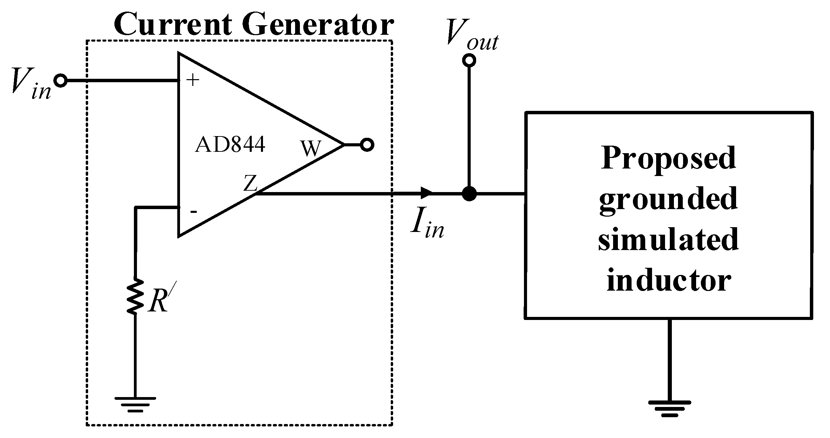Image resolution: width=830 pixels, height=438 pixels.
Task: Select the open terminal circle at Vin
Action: click(61, 81)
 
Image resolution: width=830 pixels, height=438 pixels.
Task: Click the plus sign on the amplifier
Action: click(193, 81)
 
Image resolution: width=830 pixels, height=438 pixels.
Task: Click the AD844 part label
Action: click(230, 145)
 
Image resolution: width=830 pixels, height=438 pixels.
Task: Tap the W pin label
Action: click(311, 149)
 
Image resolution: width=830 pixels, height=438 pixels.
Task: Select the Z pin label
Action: click(250, 183)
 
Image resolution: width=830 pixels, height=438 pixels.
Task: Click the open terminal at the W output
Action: click(367, 145)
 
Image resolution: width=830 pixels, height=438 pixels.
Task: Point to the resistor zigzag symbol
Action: click(135, 296)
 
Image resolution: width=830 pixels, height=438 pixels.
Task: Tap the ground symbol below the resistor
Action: click(135, 404)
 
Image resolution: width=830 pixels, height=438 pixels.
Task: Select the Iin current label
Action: click(427, 225)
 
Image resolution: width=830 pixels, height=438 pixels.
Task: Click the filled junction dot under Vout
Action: click(469, 194)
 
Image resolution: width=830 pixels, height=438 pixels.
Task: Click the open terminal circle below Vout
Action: click(469, 60)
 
